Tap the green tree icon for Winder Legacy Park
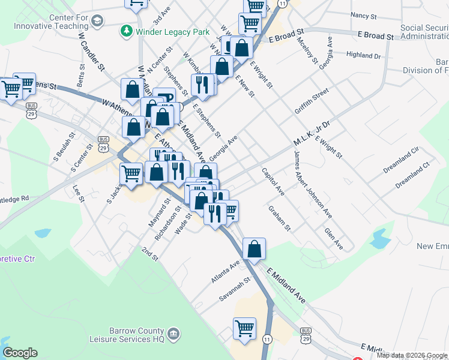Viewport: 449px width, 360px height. pos(126,30)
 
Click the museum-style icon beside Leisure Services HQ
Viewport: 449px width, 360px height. pos(173,334)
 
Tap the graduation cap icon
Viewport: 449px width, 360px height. pos(97,22)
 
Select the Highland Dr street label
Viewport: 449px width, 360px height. pos(364,55)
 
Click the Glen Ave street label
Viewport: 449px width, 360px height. pos(333,238)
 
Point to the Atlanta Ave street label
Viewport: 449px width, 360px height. pos(225,271)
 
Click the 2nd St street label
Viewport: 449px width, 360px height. pos(149,253)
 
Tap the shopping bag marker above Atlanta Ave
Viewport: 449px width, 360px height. pos(255,248)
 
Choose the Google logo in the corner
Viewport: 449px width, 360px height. pos(20,353)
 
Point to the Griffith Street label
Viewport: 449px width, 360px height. pos(312,101)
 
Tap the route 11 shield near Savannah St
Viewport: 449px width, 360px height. pos(267,339)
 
